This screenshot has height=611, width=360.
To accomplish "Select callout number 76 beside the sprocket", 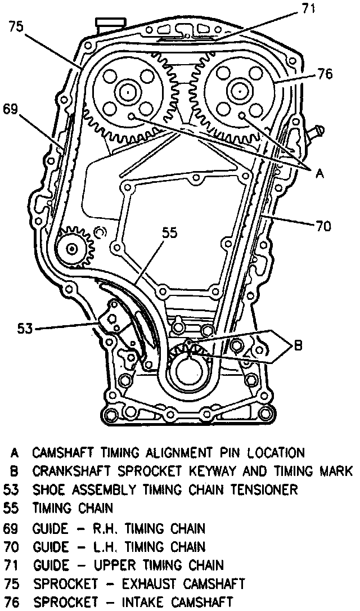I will tap(324, 74).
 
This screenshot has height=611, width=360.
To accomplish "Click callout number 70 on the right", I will tap(323, 227).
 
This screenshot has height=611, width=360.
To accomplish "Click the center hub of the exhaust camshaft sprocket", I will tap(128, 90).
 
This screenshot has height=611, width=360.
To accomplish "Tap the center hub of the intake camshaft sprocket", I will tap(238, 90).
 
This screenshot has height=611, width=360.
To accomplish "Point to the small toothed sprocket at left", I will tap(73, 246).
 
